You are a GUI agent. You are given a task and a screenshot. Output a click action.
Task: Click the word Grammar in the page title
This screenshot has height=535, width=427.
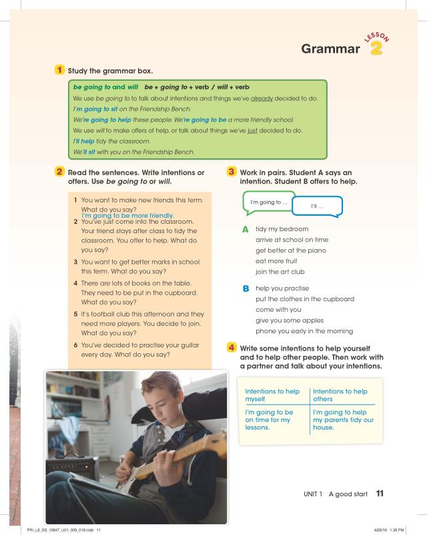330,49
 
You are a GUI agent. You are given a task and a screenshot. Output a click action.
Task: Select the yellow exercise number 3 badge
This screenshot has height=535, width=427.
232,172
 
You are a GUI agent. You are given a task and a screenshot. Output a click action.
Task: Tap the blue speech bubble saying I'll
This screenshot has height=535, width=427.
317,206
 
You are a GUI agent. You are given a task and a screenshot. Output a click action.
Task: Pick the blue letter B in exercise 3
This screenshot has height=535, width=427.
246,289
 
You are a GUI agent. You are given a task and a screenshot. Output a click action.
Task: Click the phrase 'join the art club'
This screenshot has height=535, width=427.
280,271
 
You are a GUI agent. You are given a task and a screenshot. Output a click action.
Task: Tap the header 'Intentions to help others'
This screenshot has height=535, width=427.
340,395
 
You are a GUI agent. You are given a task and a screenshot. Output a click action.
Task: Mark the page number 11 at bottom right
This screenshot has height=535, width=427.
379,494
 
